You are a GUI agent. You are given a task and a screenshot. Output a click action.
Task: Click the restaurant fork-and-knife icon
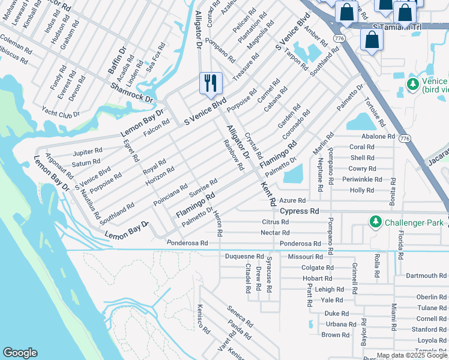click(x=211, y=83)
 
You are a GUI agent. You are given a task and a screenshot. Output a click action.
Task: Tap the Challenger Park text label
click(x=415, y=223)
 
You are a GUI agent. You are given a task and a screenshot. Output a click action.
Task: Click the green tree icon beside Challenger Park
click(x=376, y=223)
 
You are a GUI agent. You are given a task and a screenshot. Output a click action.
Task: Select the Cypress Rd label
click(x=300, y=211)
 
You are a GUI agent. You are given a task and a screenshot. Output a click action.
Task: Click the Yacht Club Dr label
click(x=61, y=112)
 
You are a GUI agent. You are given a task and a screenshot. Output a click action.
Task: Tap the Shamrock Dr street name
click(x=133, y=92)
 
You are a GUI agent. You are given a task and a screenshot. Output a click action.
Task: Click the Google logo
click(x=20, y=353)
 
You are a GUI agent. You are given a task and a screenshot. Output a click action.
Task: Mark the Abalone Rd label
click(x=378, y=136)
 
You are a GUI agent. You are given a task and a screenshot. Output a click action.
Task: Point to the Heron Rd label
click(x=219, y=223)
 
